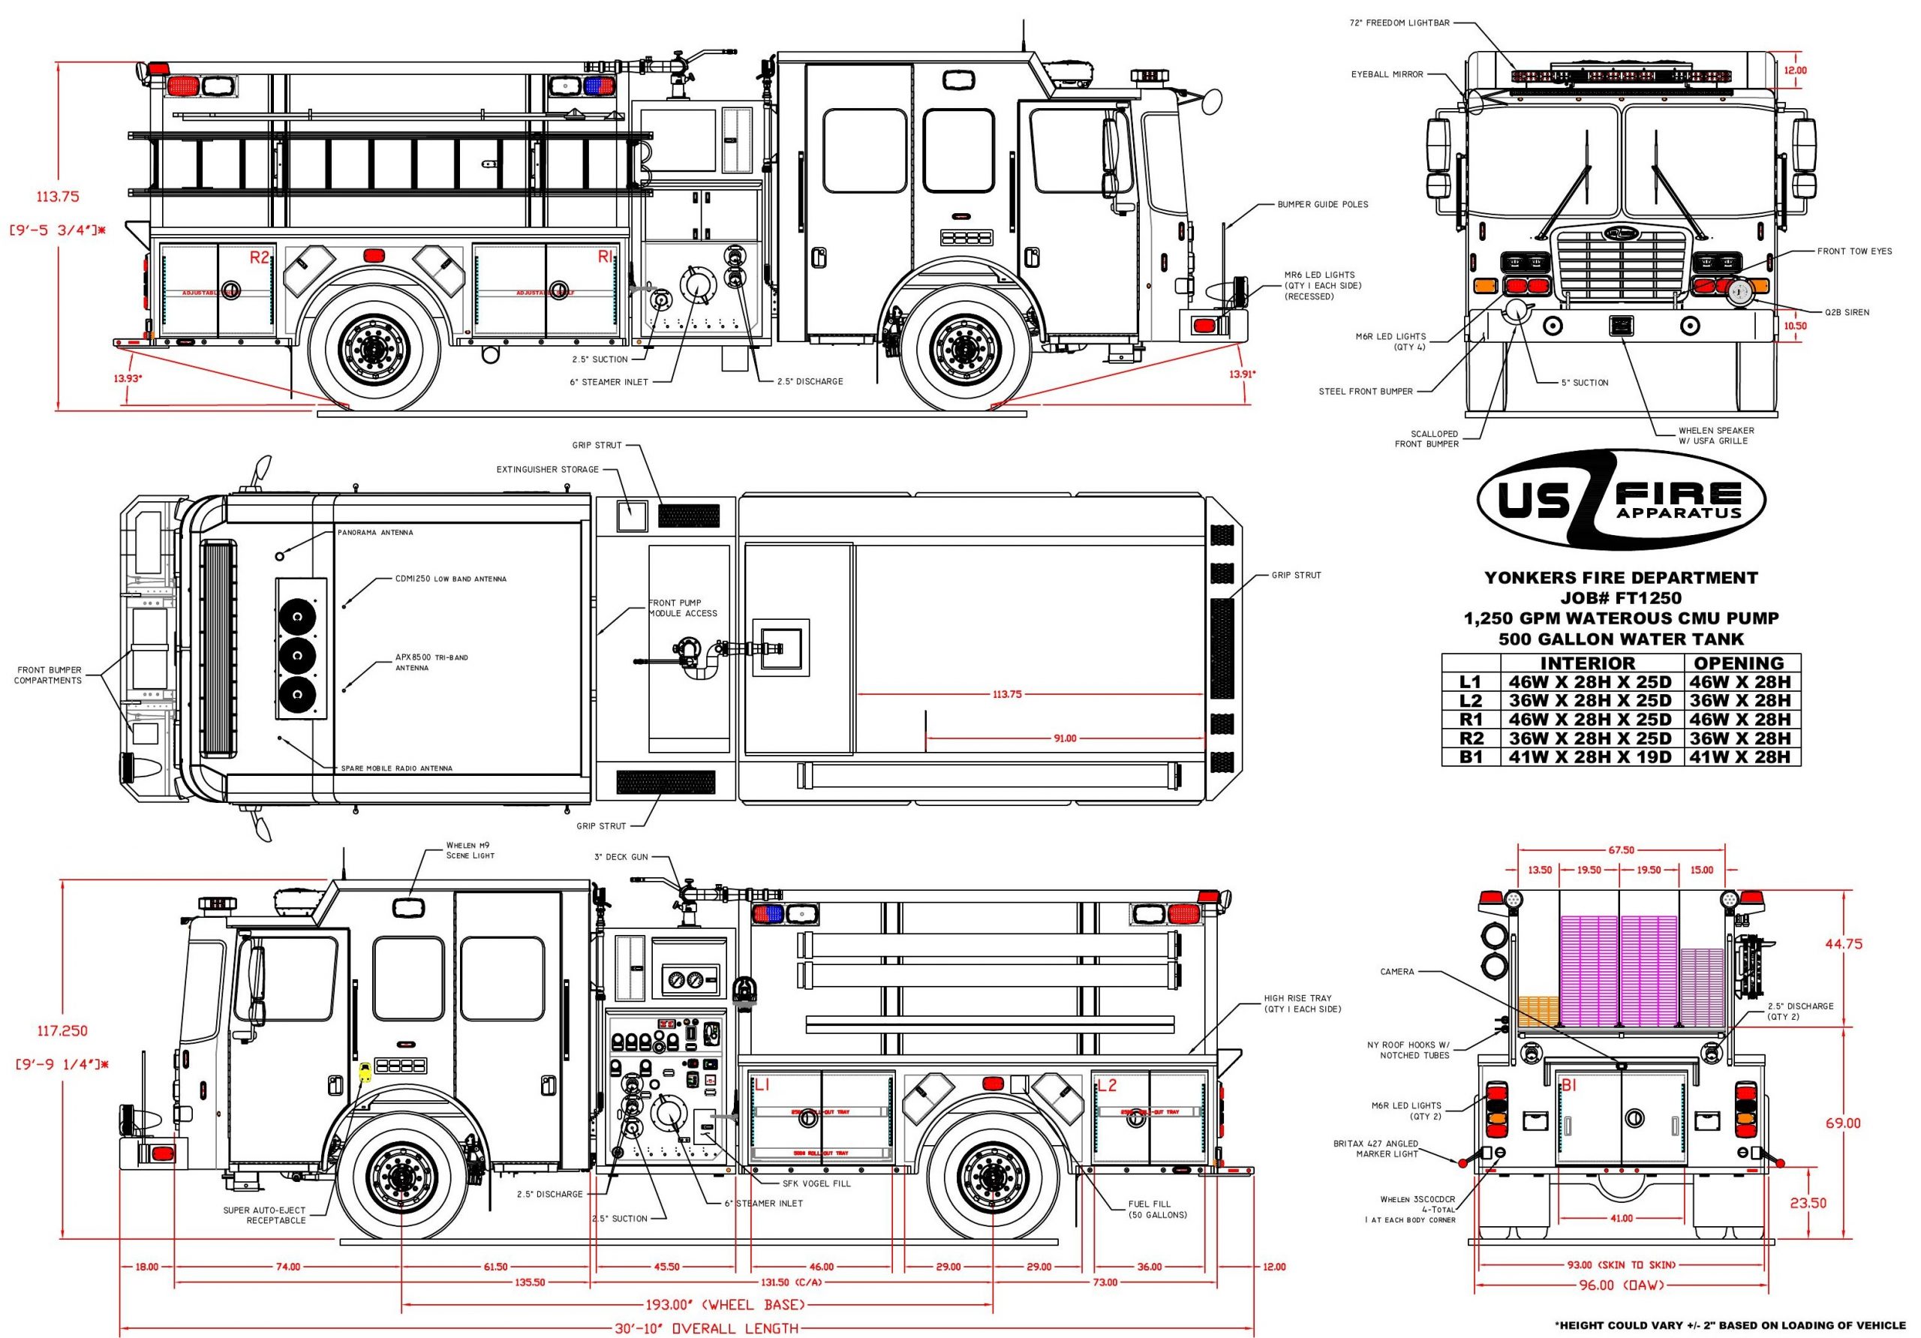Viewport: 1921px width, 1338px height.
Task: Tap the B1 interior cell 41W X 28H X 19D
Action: click(x=1589, y=757)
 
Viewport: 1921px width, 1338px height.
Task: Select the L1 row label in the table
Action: click(x=1470, y=682)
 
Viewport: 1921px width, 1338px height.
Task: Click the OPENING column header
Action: click(x=1739, y=663)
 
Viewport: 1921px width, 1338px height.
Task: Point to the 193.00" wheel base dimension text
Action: click(x=725, y=1304)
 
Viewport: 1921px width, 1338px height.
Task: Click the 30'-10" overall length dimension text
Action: click(x=706, y=1328)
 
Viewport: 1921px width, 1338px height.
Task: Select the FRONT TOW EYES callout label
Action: click(x=1854, y=251)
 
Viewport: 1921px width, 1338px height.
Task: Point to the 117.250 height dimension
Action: click(x=62, y=1031)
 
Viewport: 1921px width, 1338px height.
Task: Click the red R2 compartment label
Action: click(x=260, y=257)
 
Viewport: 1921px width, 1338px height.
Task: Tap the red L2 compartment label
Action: click(x=1106, y=1085)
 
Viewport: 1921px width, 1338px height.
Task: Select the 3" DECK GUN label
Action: click(x=620, y=857)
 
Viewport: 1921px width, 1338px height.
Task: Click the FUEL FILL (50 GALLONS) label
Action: click(x=1157, y=1209)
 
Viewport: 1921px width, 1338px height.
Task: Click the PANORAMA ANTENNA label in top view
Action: click(x=375, y=532)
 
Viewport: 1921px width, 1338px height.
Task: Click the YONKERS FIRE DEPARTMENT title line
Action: click(x=1621, y=577)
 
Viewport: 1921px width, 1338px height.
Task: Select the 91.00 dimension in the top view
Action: click(x=1064, y=738)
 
